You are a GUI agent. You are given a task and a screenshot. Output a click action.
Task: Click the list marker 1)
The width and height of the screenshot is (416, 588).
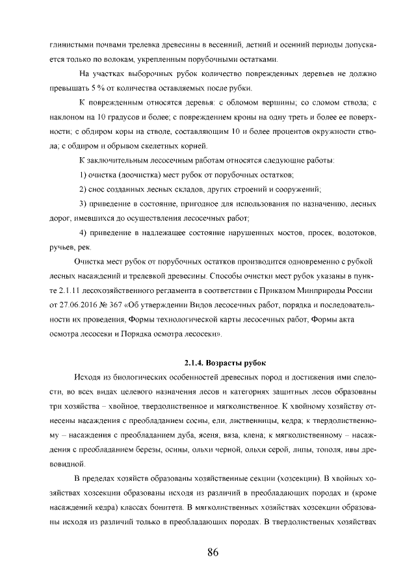point(83,175)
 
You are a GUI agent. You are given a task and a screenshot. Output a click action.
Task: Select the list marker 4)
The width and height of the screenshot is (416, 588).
point(83,232)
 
